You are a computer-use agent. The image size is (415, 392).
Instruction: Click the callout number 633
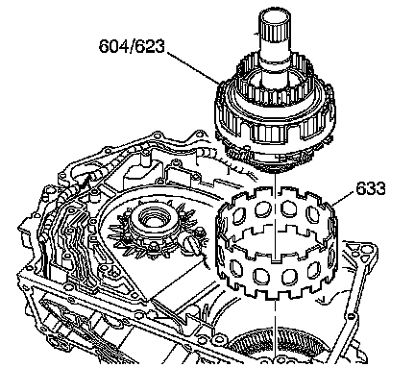[x=371, y=188]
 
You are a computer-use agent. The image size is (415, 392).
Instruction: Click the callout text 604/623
[x=132, y=46]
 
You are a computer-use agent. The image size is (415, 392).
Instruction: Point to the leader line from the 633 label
[x=343, y=198]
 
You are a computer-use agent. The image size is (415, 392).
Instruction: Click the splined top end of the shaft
[x=275, y=24]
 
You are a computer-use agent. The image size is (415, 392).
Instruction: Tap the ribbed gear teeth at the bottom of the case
[x=276, y=346]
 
